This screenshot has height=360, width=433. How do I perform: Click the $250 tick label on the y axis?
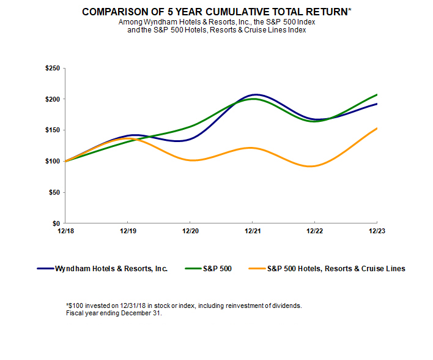click(x=52, y=68)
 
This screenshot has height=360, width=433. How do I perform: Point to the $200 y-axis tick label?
click(x=52, y=99)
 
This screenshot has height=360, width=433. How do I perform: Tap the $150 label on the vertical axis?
click(x=52, y=130)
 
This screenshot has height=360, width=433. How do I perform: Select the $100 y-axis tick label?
click(x=52, y=161)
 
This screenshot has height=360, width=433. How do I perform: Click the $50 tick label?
click(x=54, y=192)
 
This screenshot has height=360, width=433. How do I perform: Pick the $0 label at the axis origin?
click(x=56, y=223)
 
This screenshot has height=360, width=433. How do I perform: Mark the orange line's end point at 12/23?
click(x=376, y=128)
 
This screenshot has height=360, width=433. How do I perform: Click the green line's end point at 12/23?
click(x=376, y=94)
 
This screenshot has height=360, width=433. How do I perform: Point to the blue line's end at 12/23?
click(x=376, y=103)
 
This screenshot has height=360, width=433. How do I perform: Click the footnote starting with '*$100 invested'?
click(x=183, y=305)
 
